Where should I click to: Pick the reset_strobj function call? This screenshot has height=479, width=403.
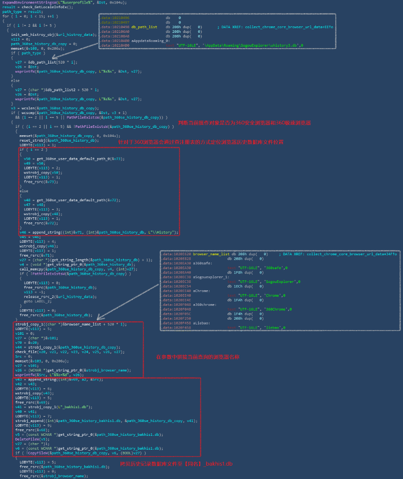[32, 140]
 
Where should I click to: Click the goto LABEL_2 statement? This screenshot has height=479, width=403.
[37, 301]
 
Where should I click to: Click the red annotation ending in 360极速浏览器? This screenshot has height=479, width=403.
[244, 123]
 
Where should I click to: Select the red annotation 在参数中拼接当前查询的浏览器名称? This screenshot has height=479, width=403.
[198, 357]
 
